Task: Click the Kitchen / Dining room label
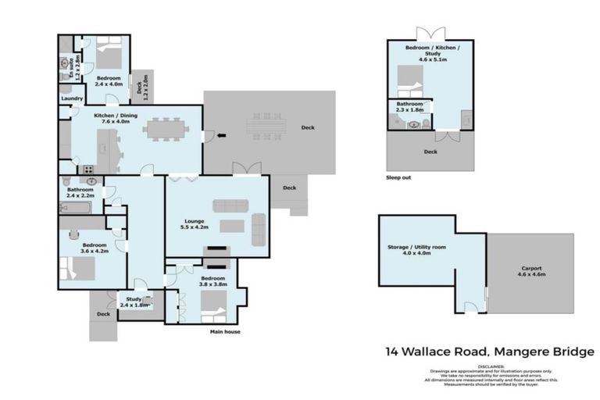tap(112, 119)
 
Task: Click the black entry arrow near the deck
tap(220, 135)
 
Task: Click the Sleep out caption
tap(398, 177)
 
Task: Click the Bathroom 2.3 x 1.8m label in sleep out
tap(409, 107)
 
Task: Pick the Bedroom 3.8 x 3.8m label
tap(212, 281)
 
